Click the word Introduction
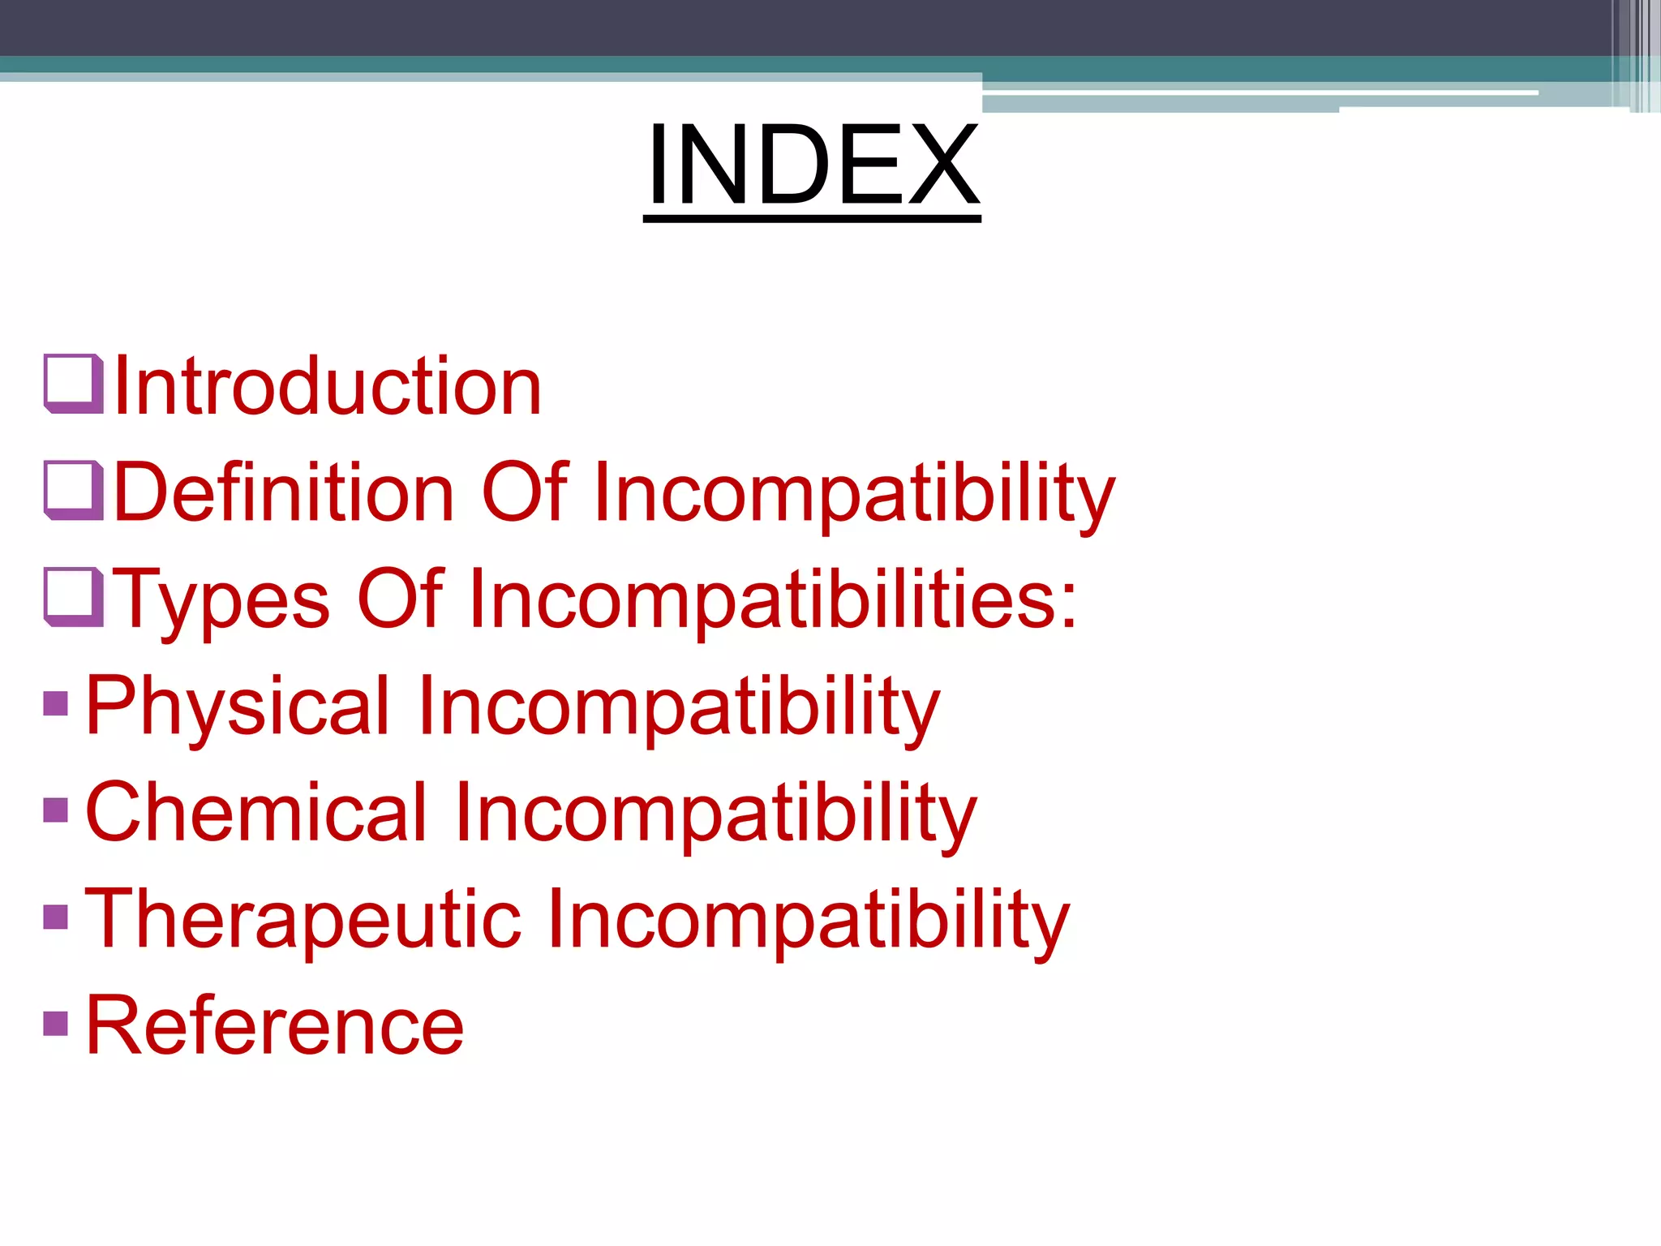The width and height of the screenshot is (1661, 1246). pos(328,387)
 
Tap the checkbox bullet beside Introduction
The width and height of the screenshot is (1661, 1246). pos(73,384)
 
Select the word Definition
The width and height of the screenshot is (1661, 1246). pos(284,492)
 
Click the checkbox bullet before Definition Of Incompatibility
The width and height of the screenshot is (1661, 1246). pos(73,490)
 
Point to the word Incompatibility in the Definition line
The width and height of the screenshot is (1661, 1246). pos(854,494)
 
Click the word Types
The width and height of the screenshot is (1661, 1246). pos(221,600)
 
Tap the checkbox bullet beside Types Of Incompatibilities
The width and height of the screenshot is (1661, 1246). pos(73,597)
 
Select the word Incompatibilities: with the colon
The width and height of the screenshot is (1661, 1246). pos(772,600)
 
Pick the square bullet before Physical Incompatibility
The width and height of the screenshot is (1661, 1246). pos(55,703)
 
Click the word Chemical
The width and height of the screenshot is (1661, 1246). pos(255,813)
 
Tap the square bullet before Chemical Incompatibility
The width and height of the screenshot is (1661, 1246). pos(55,810)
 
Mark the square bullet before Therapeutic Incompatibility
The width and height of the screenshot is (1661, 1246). pos(55,917)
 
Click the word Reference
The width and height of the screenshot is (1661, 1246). pos(274,1026)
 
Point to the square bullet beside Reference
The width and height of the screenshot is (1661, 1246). pos(55,1023)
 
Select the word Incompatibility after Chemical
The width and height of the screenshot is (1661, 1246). pos(715,814)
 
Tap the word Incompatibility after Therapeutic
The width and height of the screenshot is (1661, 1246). pos(808,922)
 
